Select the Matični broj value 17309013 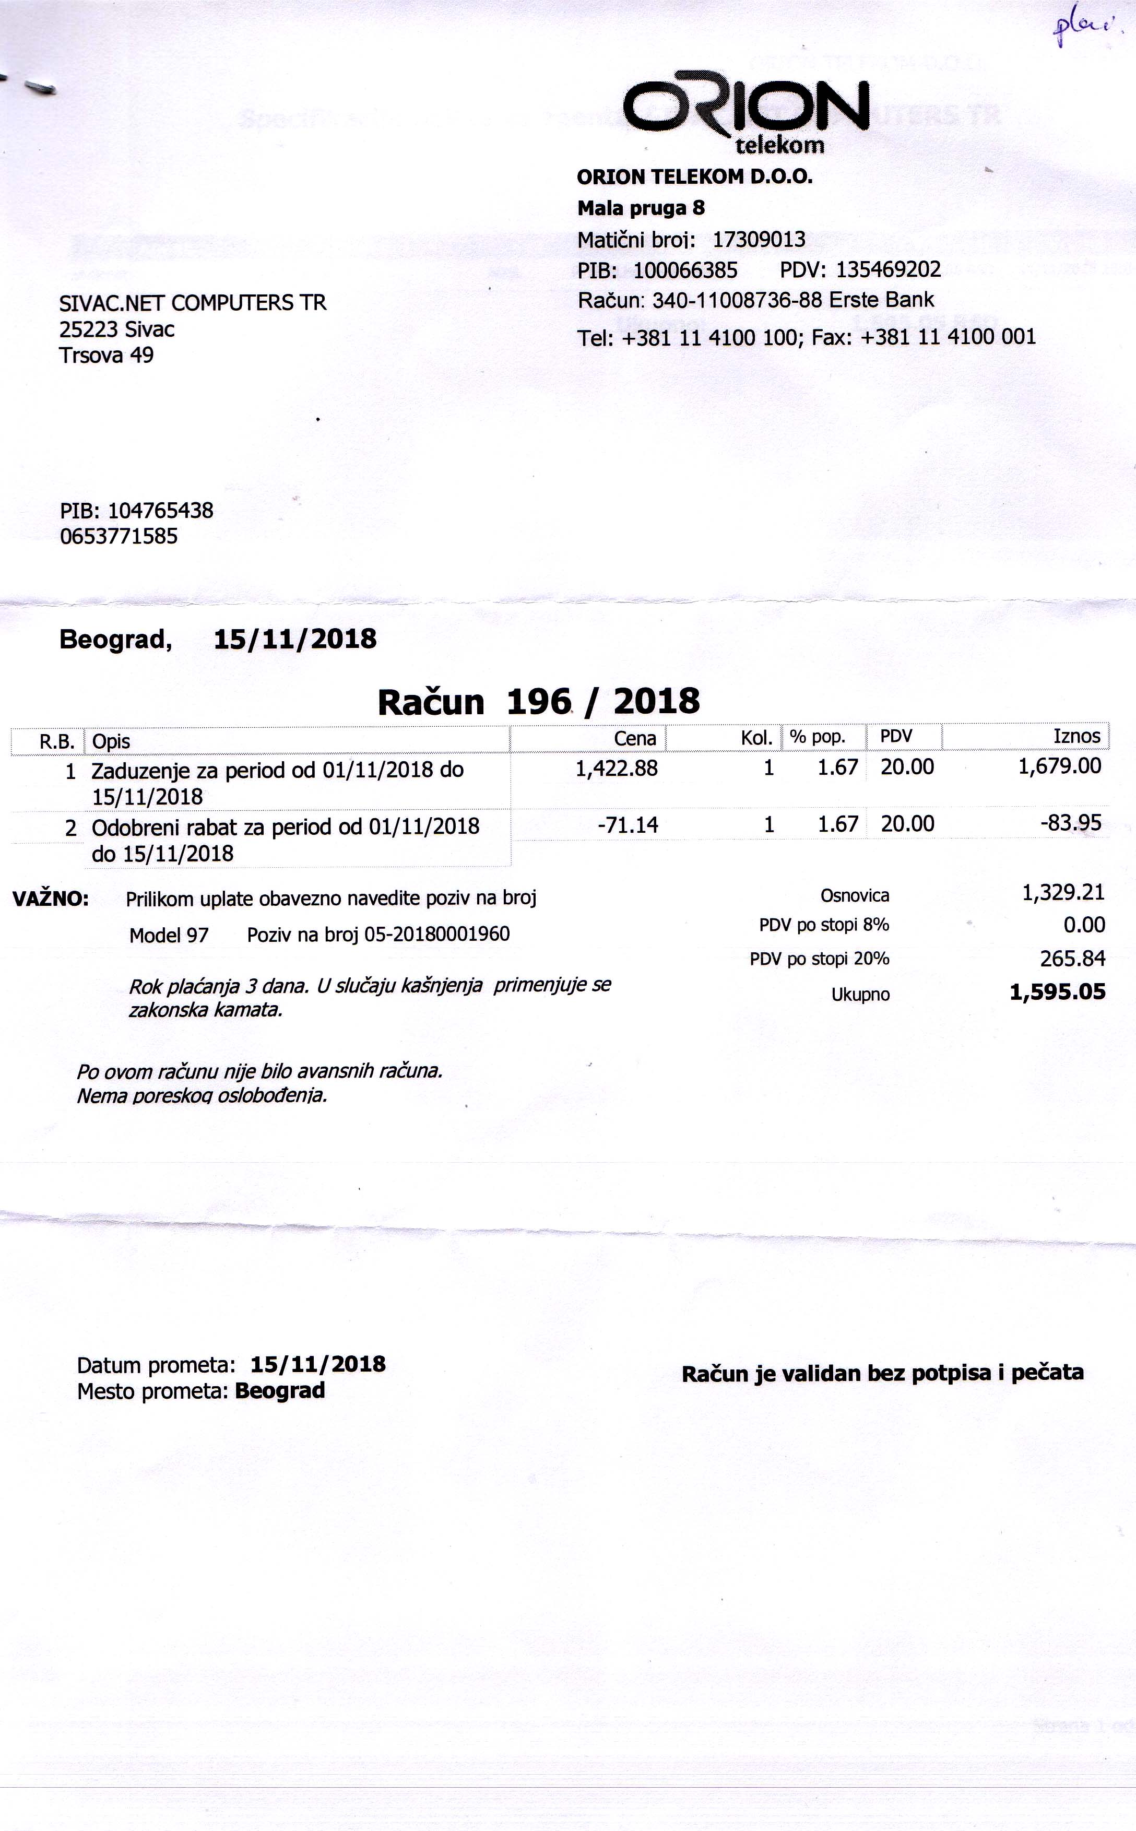tap(759, 240)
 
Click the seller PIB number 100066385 tap(685, 270)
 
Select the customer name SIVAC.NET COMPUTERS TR tap(192, 303)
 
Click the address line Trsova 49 tap(106, 356)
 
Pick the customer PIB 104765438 tap(160, 511)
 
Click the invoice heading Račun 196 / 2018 tap(538, 702)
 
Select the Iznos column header tap(1076, 736)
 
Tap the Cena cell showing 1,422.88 tap(616, 768)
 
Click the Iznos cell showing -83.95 tap(1071, 823)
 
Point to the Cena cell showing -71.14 tap(628, 825)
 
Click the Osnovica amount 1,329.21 tap(1063, 893)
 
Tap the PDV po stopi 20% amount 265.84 tap(1072, 959)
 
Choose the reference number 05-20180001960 tap(436, 934)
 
